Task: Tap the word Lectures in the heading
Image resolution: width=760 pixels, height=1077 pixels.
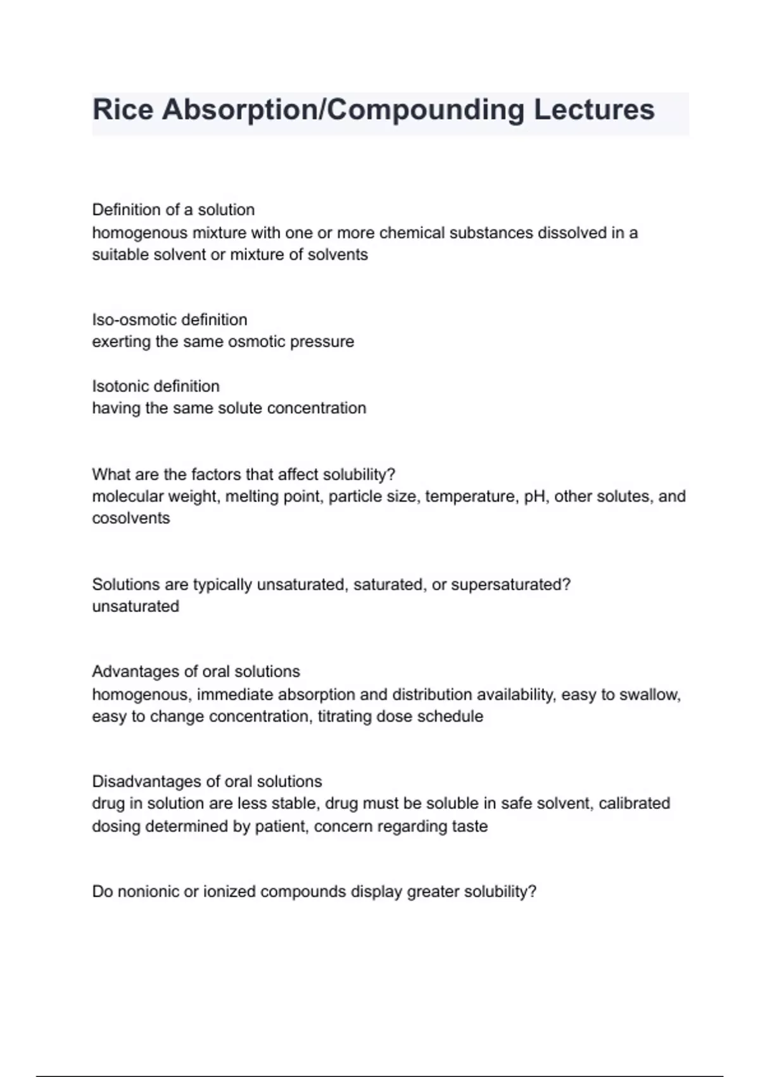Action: coord(593,110)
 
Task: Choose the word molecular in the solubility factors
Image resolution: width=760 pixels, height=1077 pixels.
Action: coord(121,497)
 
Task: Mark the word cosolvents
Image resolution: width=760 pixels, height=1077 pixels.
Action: coord(131,518)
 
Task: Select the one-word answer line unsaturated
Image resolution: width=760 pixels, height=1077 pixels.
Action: coord(136,607)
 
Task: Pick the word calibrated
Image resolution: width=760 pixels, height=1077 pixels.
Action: coord(634,803)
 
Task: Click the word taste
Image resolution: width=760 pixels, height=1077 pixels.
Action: coord(470,827)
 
